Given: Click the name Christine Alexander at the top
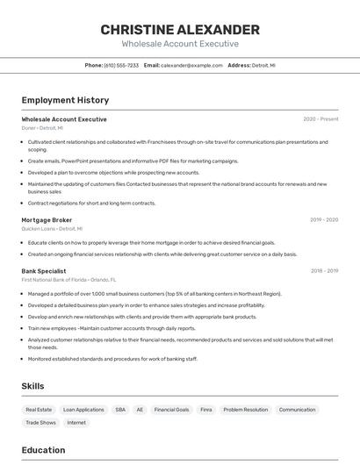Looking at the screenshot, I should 180,29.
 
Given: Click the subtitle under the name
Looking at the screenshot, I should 180,44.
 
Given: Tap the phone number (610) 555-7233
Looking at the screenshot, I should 121,66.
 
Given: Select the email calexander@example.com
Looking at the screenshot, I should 191,66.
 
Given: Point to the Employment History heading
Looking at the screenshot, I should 65,100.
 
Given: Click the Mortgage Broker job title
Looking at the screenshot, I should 47,220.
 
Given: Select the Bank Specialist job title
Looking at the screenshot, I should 44,271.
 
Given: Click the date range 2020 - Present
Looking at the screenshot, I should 320,119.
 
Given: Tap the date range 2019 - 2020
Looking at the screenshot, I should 324,220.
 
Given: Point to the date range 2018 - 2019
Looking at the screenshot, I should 324,271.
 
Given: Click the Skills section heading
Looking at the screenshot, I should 32,386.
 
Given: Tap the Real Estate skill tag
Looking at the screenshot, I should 39,410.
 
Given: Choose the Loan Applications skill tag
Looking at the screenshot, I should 83,410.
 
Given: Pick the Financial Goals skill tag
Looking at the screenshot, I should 171,410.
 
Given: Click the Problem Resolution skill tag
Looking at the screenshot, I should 245,410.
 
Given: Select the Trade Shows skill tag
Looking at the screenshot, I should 40,423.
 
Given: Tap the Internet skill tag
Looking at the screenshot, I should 76,423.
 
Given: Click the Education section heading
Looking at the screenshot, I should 43,450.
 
